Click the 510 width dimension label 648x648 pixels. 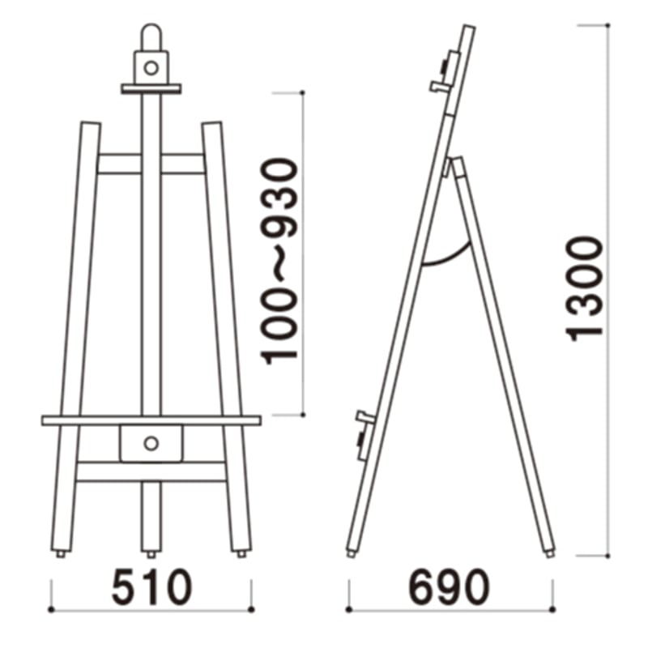[x=151, y=586]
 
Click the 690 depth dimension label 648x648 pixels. [x=449, y=586]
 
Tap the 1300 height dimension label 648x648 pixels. [x=584, y=289]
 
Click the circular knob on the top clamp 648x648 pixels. [x=151, y=67]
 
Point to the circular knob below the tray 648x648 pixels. [x=151, y=443]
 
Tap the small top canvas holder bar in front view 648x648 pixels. [x=151, y=88]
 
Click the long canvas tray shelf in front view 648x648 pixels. [x=151, y=420]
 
